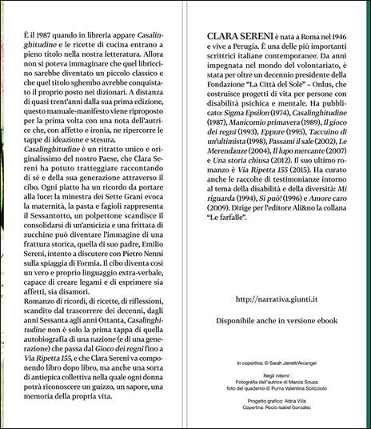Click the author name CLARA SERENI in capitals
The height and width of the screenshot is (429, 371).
(235, 36)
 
